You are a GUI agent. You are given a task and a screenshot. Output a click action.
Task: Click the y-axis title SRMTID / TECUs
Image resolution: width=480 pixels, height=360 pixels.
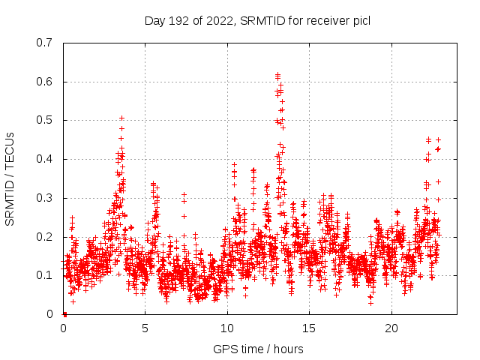tap(10, 178)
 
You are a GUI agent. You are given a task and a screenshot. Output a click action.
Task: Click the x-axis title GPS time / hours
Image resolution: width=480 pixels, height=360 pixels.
tap(258, 349)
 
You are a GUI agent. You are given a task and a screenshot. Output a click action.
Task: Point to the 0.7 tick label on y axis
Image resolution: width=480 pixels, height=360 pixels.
tap(44, 43)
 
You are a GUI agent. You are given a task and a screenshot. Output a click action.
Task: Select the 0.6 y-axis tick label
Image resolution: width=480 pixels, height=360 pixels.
tap(44, 82)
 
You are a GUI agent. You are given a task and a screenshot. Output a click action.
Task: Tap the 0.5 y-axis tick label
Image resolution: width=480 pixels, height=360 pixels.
tap(44, 120)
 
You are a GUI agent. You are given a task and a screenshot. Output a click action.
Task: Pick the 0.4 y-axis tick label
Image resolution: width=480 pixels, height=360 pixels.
tap(44, 159)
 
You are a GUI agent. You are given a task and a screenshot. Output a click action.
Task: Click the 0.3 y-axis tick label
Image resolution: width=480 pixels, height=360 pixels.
tap(44, 198)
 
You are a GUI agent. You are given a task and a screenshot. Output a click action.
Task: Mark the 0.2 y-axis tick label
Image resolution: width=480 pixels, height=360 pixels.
tap(44, 237)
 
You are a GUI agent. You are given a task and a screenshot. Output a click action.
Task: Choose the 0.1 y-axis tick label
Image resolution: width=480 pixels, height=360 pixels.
tap(44, 276)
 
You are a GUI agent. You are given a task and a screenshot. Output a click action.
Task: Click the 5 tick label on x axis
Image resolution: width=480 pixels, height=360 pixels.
tap(145, 328)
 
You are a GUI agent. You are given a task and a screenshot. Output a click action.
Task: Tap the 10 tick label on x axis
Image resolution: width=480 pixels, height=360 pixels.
tap(227, 328)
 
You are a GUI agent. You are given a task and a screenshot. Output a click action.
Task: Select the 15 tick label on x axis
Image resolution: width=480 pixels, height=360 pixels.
tap(309, 328)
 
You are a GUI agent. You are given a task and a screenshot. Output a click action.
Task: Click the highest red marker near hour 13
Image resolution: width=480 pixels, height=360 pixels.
tap(277, 75)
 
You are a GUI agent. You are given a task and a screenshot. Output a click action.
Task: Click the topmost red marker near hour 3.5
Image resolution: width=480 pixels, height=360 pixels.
tap(121, 118)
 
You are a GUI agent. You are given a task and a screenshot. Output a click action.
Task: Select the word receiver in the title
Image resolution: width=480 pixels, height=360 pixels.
tap(323, 20)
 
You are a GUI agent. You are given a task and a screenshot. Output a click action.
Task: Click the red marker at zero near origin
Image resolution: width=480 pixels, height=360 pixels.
tap(64, 314)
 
